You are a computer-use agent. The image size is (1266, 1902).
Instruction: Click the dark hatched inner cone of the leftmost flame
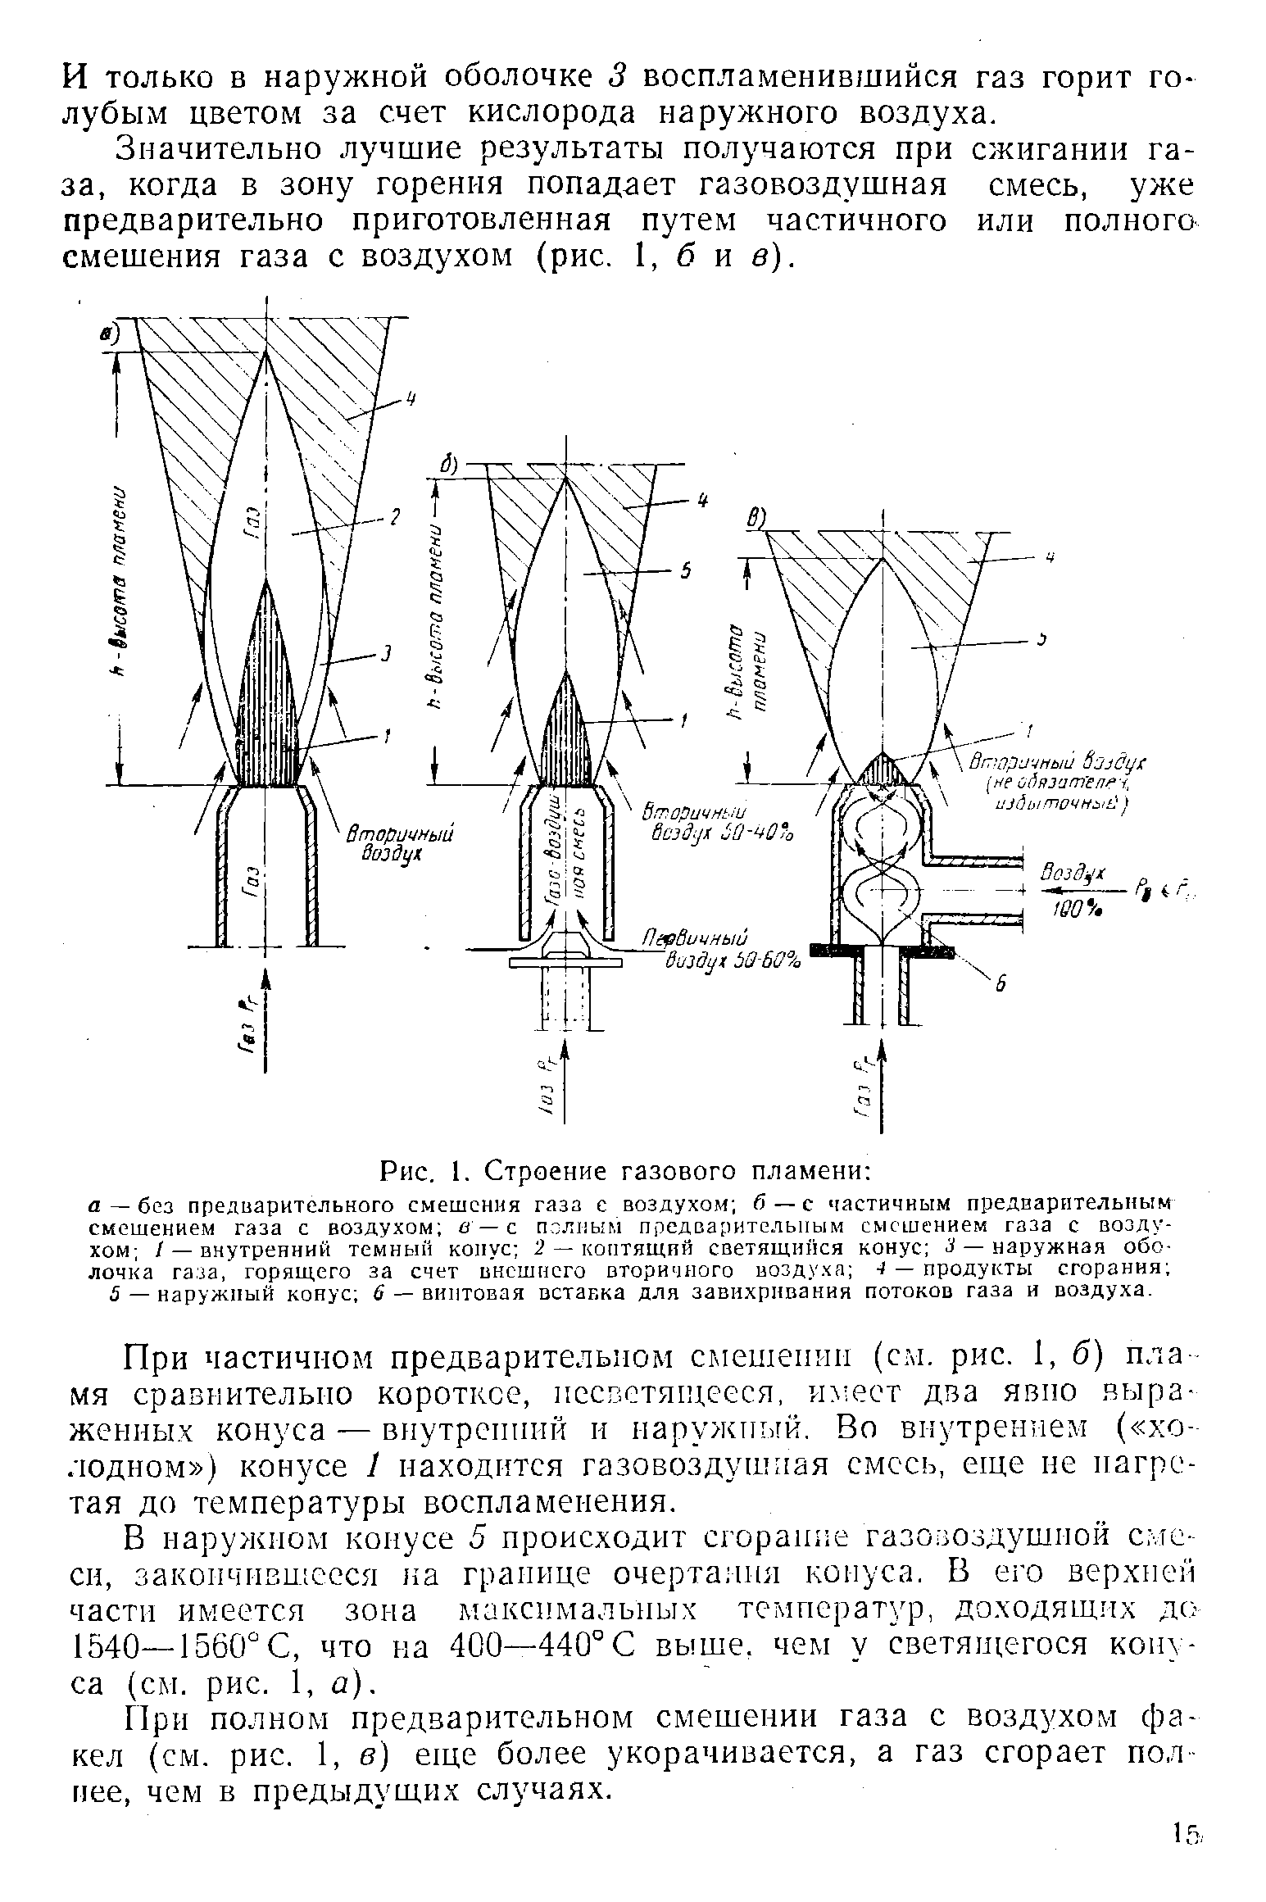pyautogui.click(x=266, y=697)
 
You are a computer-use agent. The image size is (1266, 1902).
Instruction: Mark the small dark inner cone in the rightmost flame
pyautogui.click(x=882, y=769)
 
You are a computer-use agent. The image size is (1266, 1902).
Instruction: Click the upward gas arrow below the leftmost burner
pyautogui.click(x=265, y=1016)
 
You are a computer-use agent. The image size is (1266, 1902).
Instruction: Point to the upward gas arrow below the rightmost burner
pyautogui.click(x=882, y=1082)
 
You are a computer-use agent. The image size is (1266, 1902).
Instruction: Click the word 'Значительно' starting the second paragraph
pyautogui.click(x=217, y=150)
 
